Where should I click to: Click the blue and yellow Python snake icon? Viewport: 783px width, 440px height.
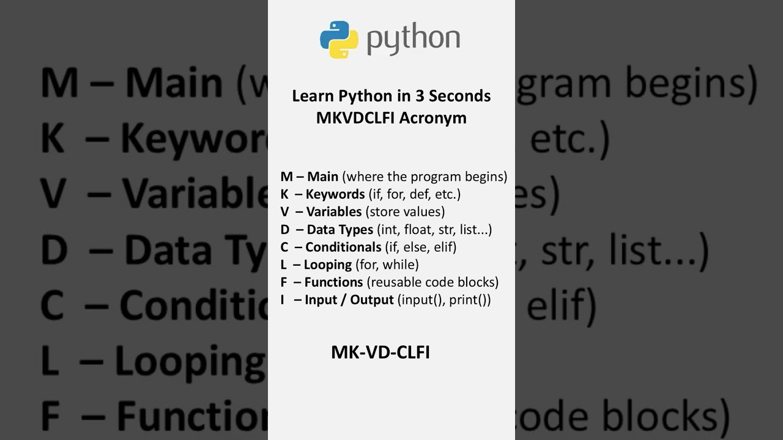click(339, 40)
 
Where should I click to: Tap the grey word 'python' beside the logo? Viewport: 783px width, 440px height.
click(414, 38)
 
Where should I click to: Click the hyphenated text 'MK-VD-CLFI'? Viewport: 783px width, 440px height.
click(380, 353)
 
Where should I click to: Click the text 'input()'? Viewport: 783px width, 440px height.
click(421, 300)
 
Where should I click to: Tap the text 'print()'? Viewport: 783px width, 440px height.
click(469, 300)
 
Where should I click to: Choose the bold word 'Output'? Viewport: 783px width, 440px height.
click(372, 300)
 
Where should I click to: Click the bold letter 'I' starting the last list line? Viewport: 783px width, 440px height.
click(283, 300)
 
